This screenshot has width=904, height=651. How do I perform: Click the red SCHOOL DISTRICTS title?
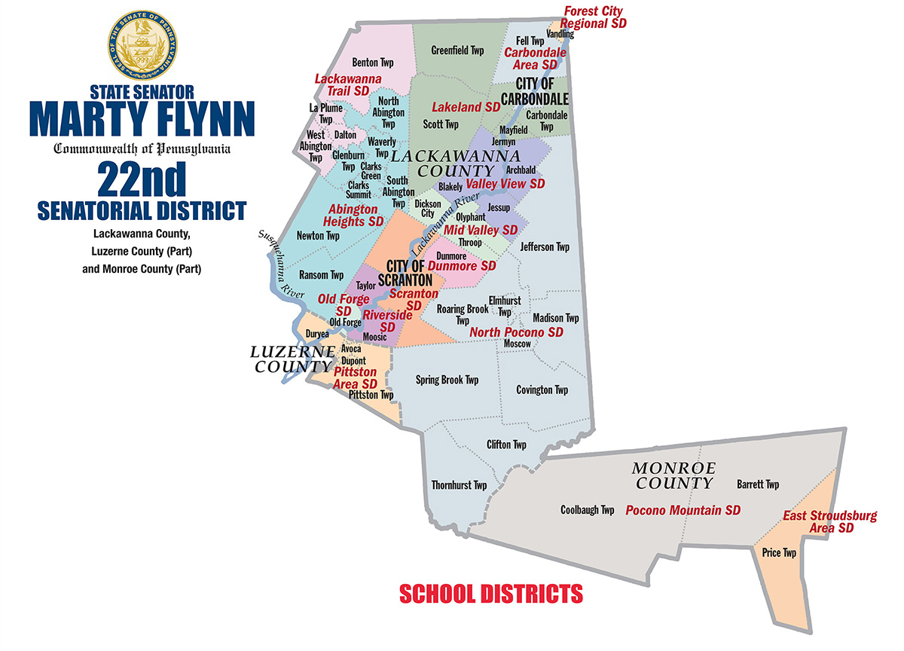[x=491, y=593]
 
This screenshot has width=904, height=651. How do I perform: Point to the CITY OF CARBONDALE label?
[x=542, y=93]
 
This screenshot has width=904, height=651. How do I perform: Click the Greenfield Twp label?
[x=457, y=50]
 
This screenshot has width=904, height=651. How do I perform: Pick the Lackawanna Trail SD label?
[x=348, y=84]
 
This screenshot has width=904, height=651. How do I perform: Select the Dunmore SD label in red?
[x=462, y=265]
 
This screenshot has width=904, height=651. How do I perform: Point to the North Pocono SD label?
[x=516, y=332]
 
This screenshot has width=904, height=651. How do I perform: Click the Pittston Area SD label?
[x=356, y=377]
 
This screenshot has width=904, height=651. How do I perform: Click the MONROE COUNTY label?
[x=673, y=475]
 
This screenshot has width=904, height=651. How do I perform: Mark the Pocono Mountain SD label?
[x=683, y=510]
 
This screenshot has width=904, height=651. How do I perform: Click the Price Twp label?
[x=779, y=552]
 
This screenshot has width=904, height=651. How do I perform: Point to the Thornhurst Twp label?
[x=459, y=485]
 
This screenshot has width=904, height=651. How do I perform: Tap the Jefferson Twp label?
[x=545, y=246]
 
